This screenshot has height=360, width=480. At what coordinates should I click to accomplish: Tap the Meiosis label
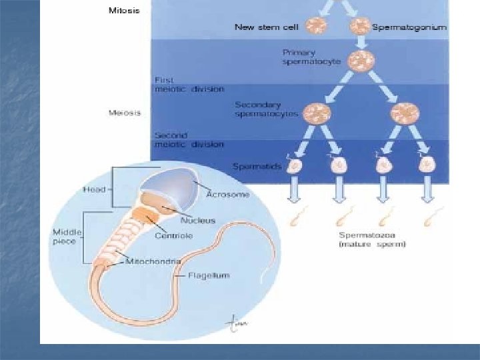pos(124,112)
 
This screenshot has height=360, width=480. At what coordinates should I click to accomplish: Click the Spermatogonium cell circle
pos(360,27)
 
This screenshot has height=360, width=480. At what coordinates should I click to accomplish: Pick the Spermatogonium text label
pos(409,27)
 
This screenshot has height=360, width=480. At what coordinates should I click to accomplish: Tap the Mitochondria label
pos(153,262)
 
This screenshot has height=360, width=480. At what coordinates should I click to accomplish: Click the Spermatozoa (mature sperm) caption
pos(372,239)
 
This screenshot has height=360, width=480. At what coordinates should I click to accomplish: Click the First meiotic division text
pos(189,83)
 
